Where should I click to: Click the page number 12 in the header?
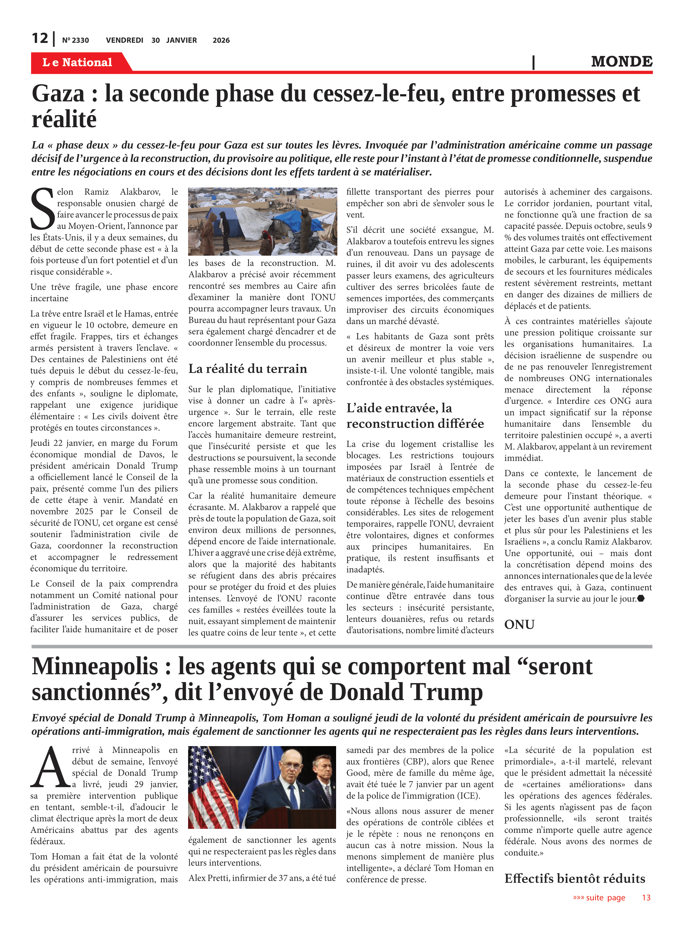(40, 39)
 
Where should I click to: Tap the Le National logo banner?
(77, 63)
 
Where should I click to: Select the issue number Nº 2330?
(75, 40)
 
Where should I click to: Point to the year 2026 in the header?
(221, 40)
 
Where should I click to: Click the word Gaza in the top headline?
(58, 94)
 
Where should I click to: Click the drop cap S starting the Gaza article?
(43, 209)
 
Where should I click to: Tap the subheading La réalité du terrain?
(247, 369)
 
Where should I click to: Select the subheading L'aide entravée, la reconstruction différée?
(415, 416)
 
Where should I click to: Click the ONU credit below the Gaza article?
(519, 624)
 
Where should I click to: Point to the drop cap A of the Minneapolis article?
(50, 768)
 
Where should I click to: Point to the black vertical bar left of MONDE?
(533, 62)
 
